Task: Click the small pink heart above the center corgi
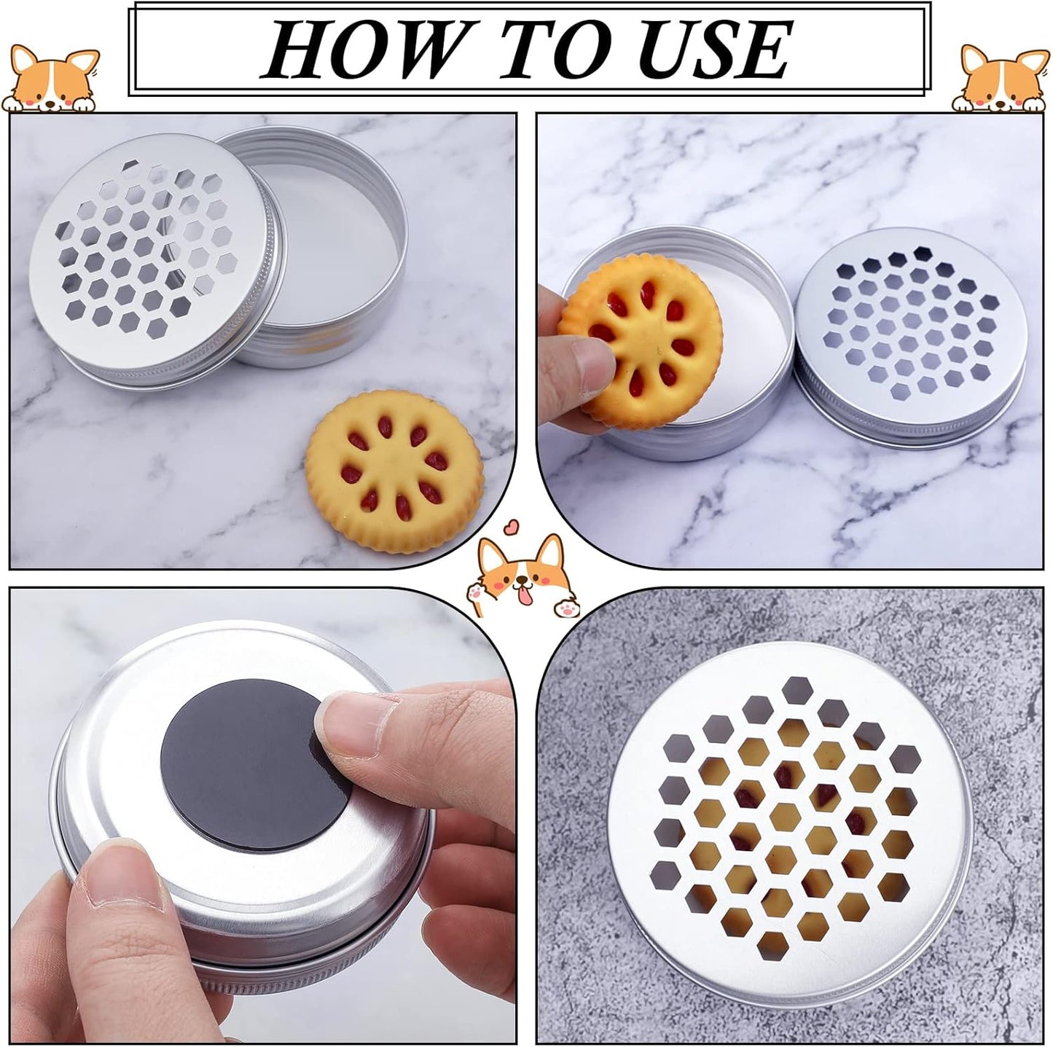point(512,525)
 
